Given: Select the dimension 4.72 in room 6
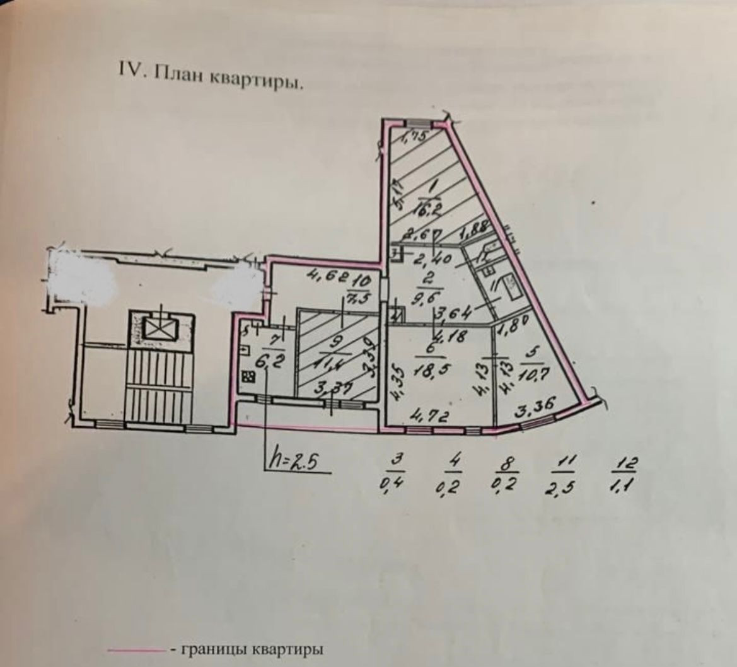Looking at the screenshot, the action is (427, 416).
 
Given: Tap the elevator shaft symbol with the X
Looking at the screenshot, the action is (153, 326).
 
